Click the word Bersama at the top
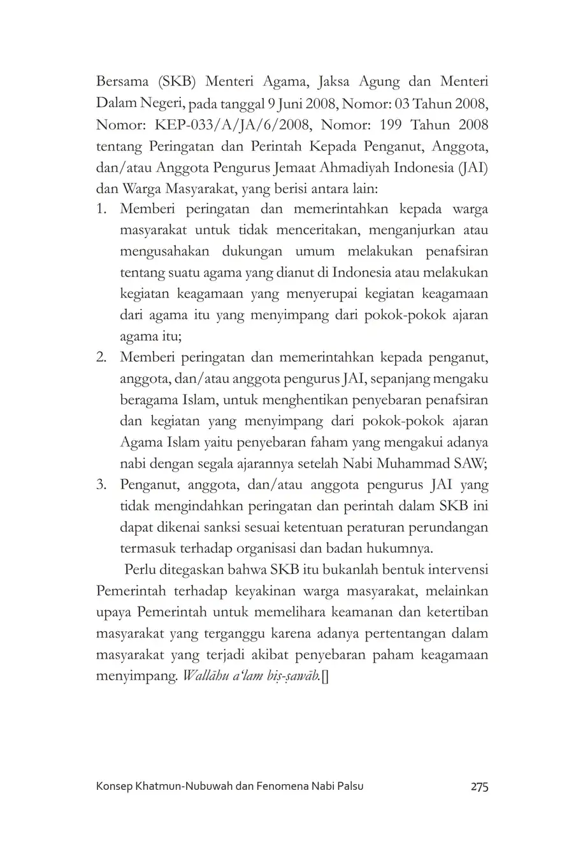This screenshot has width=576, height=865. coord(121,82)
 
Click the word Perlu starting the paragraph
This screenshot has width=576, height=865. coord(140,569)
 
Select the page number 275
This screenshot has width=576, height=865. coord(479,787)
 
